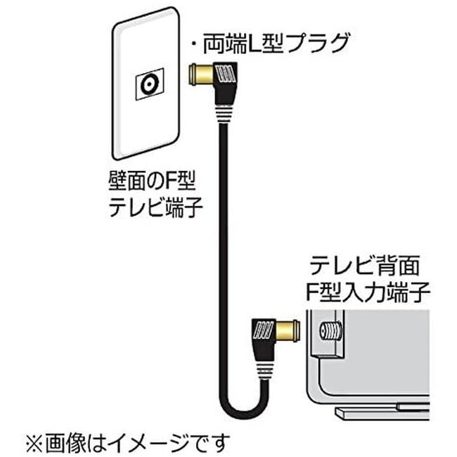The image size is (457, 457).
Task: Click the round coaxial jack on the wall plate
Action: pyautogui.click(x=148, y=84)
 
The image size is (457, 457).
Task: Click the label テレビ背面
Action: pyautogui.click(x=366, y=266)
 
